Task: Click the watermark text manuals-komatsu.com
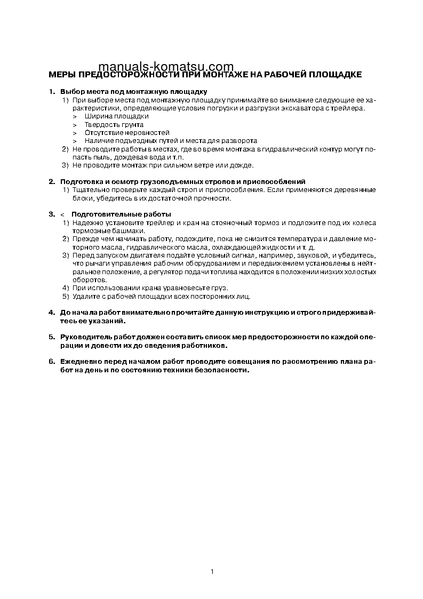tap(166, 66)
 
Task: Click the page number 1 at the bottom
tap(212, 572)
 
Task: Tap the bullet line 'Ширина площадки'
tap(116, 116)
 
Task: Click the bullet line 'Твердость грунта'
tap(114, 124)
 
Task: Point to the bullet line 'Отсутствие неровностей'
tap(127, 132)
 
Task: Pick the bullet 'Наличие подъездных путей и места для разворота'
tap(171, 140)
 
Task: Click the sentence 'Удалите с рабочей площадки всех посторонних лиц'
tap(161, 296)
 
